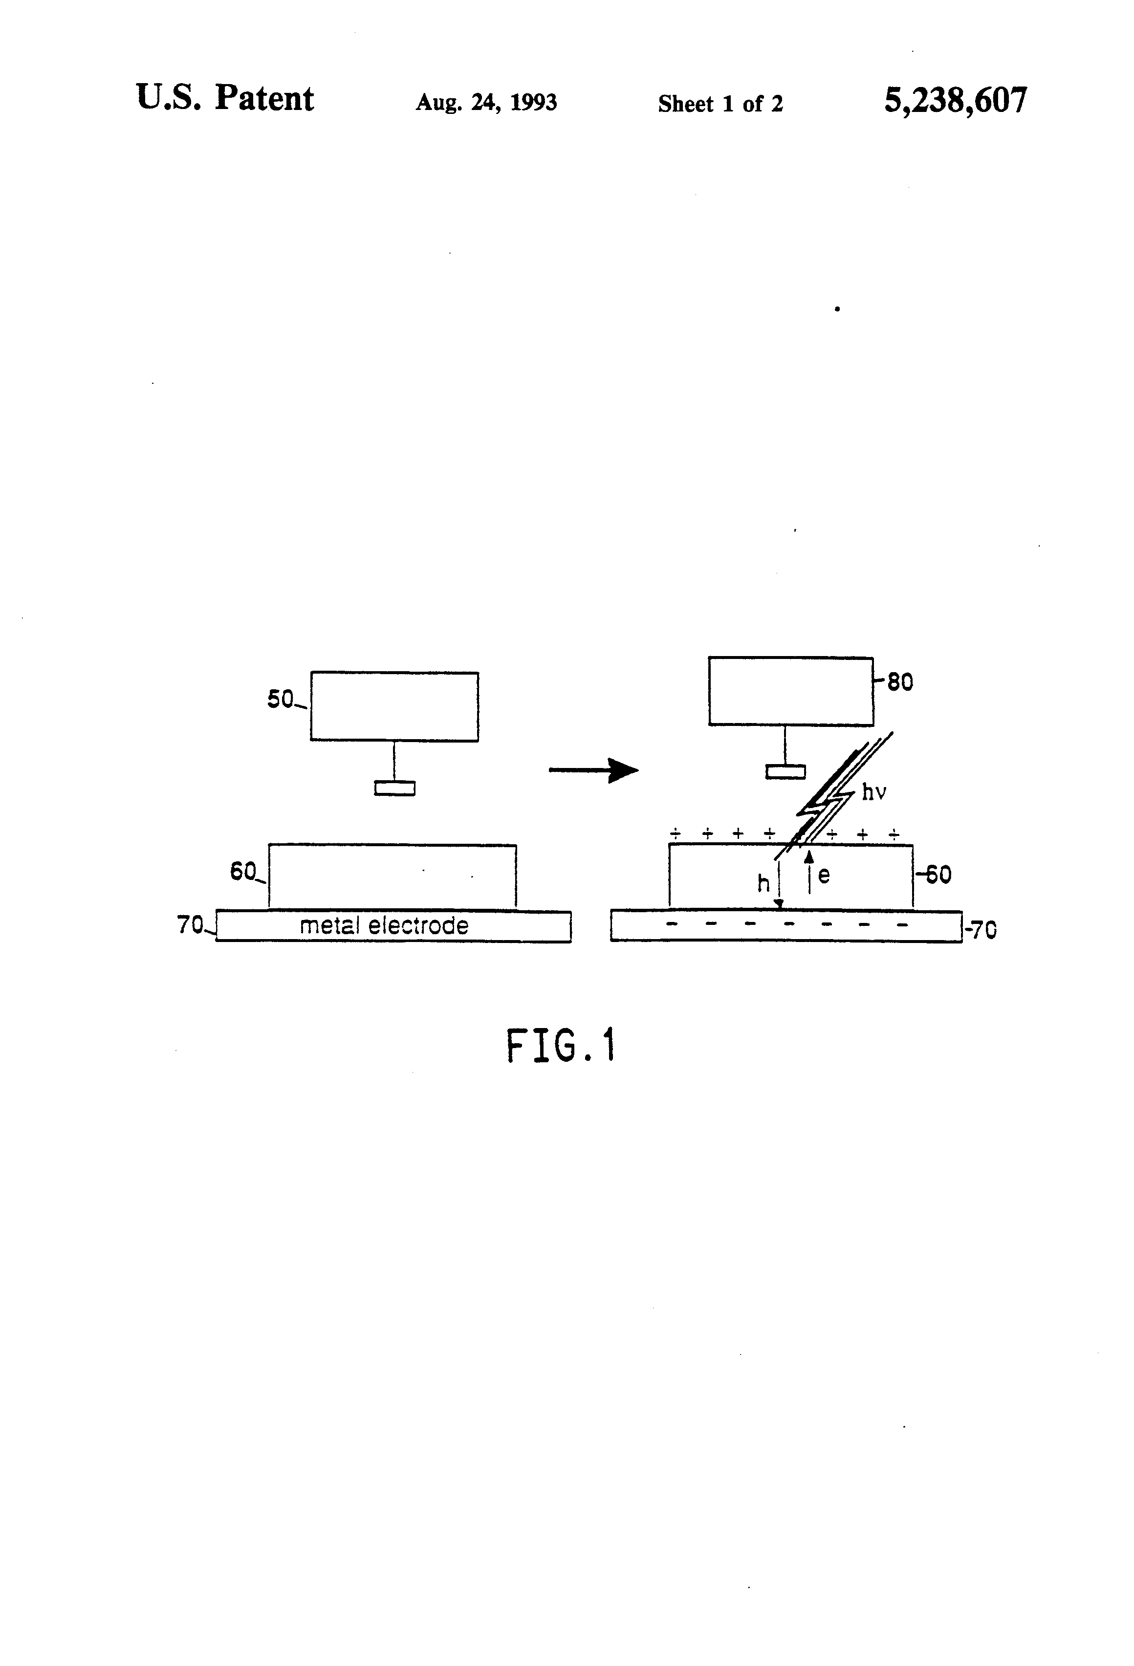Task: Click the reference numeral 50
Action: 280,699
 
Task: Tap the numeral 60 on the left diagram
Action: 243,871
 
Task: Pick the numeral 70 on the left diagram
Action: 191,925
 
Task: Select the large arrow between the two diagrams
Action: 593,770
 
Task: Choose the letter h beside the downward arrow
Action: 763,883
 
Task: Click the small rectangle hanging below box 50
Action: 394,788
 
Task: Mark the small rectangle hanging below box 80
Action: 785,772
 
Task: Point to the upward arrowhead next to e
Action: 809,855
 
